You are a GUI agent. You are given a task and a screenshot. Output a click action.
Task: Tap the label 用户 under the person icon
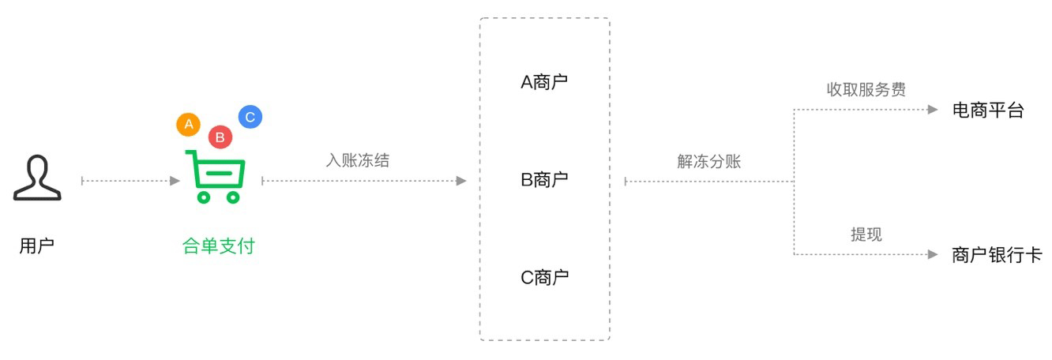coord(36,246)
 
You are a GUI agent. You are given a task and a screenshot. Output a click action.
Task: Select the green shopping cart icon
coord(214,176)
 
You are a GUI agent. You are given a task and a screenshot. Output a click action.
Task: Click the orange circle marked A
coord(188,124)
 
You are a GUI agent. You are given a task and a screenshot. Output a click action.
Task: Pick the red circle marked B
coord(220,137)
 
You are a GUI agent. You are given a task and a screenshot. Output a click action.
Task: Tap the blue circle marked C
coord(250,117)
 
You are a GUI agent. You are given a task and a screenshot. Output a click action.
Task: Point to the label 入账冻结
coord(358,159)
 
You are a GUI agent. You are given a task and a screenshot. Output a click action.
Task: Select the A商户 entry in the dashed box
coord(544,82)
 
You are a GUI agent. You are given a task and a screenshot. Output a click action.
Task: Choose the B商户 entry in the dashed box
coord(544,179)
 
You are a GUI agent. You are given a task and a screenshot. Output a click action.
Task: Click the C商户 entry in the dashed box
coord(544,277)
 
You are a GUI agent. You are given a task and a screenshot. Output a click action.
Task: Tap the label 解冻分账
coord(708,161)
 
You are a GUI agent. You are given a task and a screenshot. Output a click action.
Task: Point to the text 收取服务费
coord(866,89)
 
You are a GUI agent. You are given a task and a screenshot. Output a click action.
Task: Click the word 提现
coord(866,234)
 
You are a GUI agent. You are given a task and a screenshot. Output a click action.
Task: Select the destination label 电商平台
coord(987,110)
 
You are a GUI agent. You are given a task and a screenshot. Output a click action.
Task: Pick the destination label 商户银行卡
coord(997,255)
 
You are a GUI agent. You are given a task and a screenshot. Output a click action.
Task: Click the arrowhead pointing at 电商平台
coord(932,110)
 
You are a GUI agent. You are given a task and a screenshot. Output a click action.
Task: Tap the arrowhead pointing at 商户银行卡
coord(932,254)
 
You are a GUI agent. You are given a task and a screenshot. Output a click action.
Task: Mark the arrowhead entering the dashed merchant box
coord(461,181)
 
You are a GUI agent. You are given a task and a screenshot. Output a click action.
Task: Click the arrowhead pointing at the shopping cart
coord(175,181)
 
